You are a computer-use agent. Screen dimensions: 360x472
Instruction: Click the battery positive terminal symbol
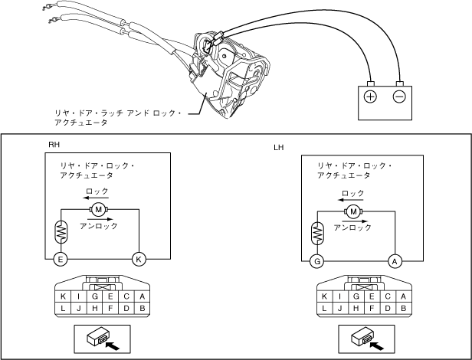[x=370, y=97]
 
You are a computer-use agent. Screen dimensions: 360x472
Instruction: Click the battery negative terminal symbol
[x=399, y=97]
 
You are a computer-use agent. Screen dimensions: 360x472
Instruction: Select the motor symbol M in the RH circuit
[x=98, y=209]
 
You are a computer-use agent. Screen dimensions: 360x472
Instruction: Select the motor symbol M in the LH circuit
[x=353, y=211]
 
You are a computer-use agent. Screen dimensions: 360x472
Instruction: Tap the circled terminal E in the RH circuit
[x=61, y=259]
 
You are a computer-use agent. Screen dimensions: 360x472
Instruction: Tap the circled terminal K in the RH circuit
[x=139, y=259]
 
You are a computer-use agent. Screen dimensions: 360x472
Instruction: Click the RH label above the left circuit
[x=54, y=144]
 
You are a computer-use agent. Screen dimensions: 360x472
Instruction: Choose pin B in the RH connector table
[x=143, y=308]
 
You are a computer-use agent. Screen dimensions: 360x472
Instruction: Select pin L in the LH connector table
[x=325, y=308]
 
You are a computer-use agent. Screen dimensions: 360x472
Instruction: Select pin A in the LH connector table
[x=405, y=296]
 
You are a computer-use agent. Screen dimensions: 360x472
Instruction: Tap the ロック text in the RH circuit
[x=98, y=191]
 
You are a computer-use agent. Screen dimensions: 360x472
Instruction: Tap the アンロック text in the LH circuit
[x=353, y=227]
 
